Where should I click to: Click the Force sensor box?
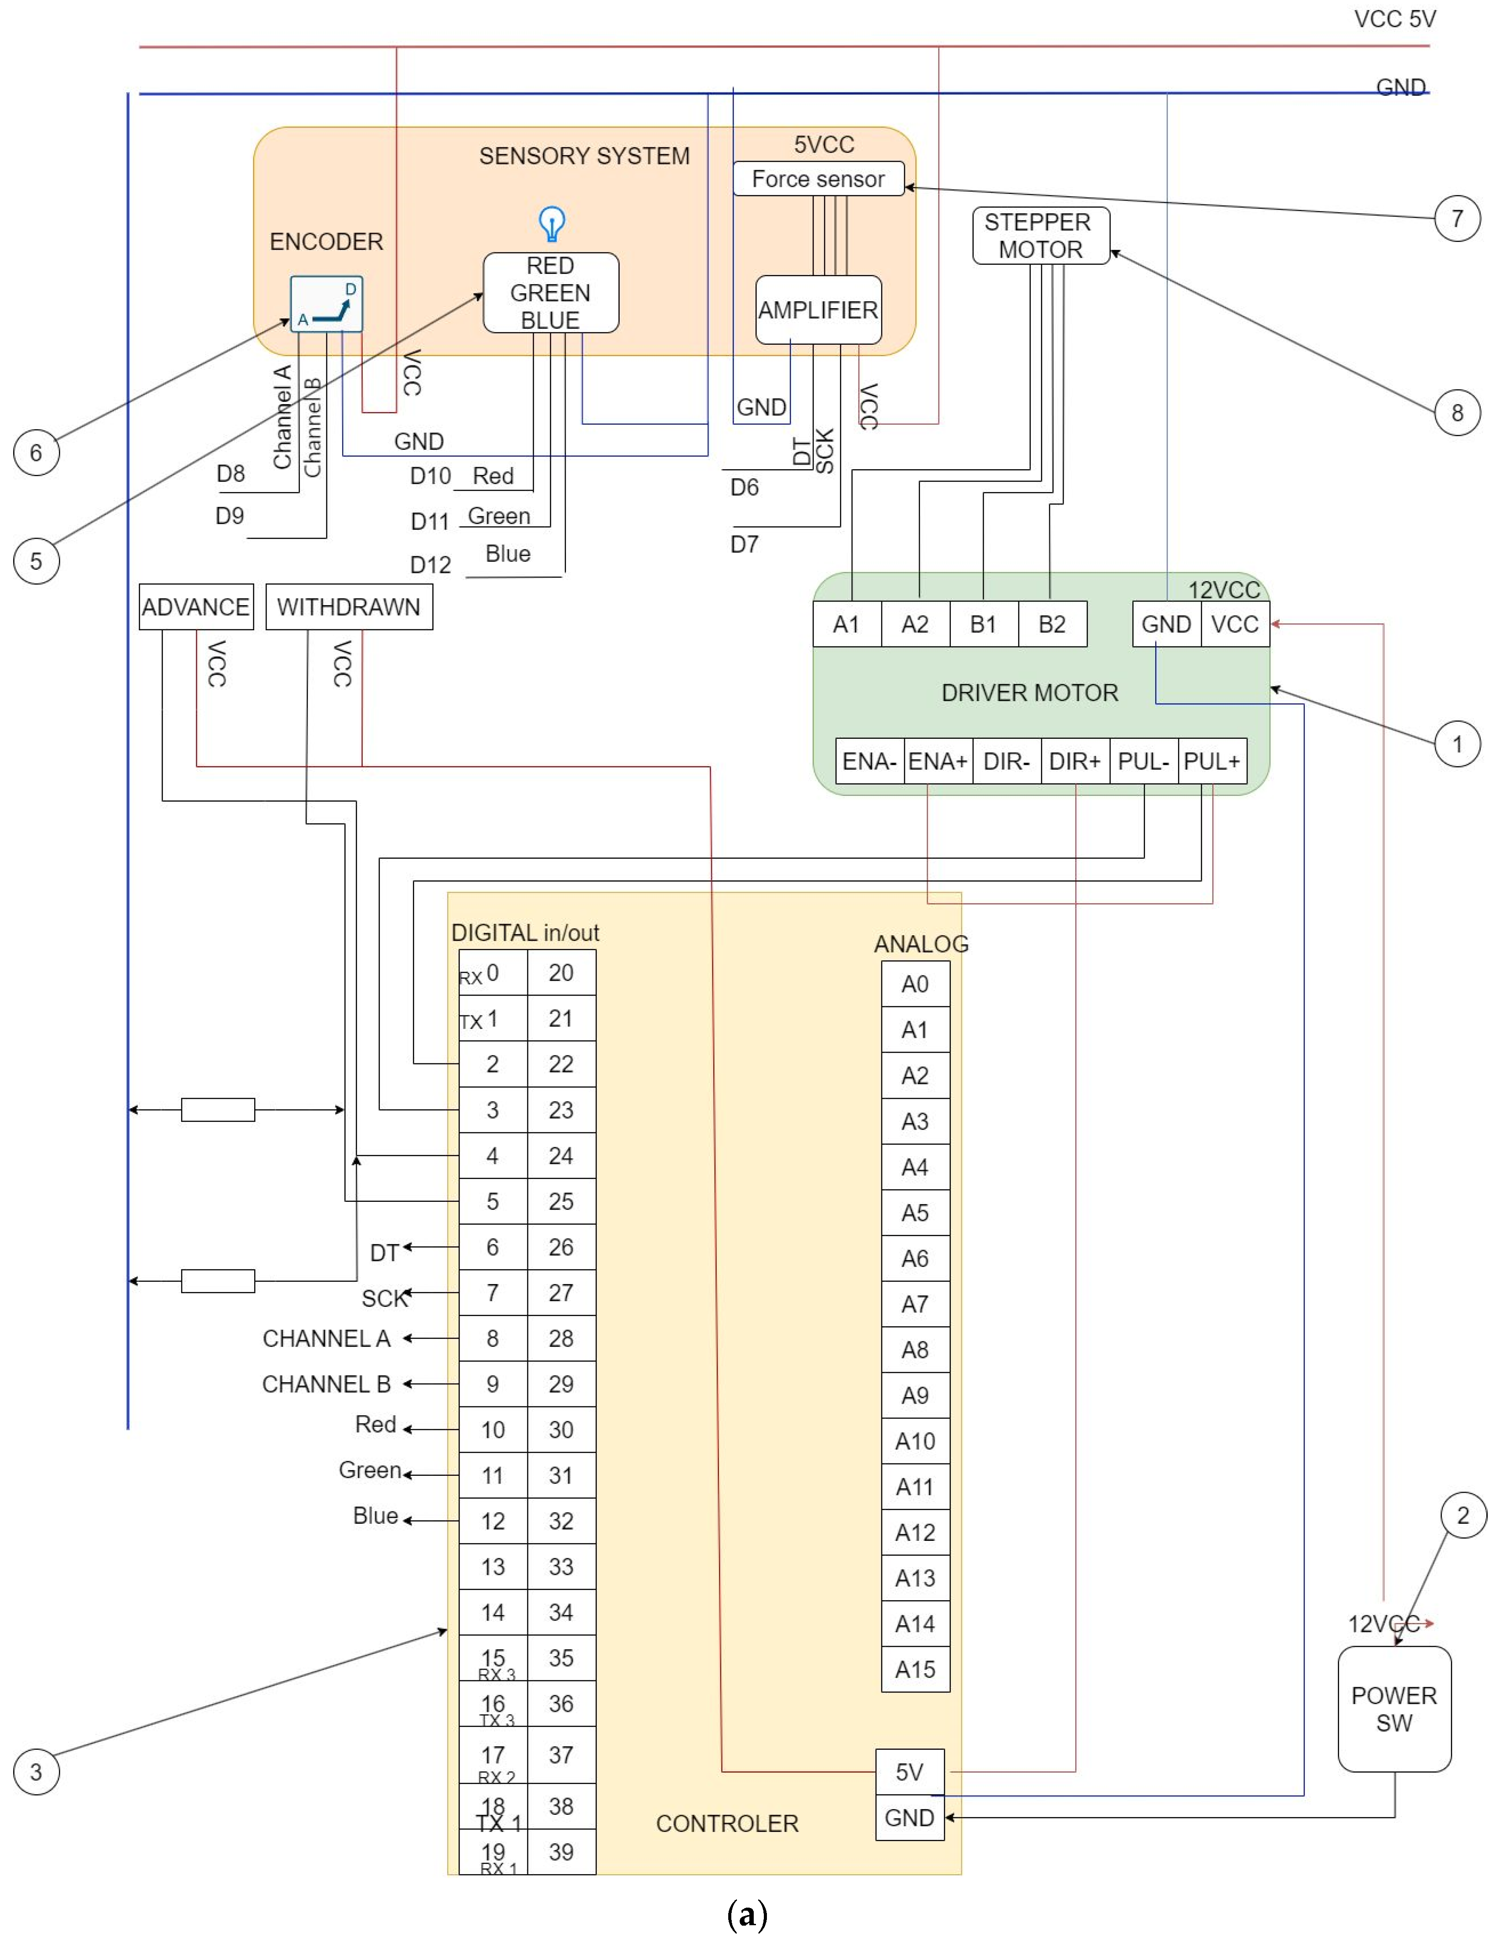(818, 179)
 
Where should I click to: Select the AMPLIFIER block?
(818, 310)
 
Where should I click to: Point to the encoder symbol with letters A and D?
(326, 304)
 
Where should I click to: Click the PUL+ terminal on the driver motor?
(1212, 762)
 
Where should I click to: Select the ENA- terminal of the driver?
(869, 762)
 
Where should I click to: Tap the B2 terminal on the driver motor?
(1052, 624)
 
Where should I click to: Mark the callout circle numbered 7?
(1457, 218)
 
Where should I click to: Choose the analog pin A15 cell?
(915, 1670)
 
